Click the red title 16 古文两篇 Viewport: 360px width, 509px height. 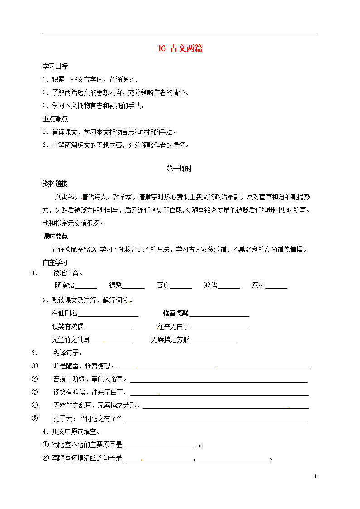(x=180, y=49)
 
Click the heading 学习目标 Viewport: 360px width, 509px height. (x=55, y=66)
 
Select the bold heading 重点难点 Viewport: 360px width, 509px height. (x=55, y=119)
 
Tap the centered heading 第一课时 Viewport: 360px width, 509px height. (x=180, y=169)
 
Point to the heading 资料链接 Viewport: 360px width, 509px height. (x=55, y=184)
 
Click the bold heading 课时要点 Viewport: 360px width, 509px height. (x=55, y=236)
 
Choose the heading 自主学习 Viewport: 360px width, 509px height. (x=55, y=262)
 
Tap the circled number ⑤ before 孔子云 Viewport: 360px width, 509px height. (x=34, y=418)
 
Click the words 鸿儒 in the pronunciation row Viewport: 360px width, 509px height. (x=210, y=286)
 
